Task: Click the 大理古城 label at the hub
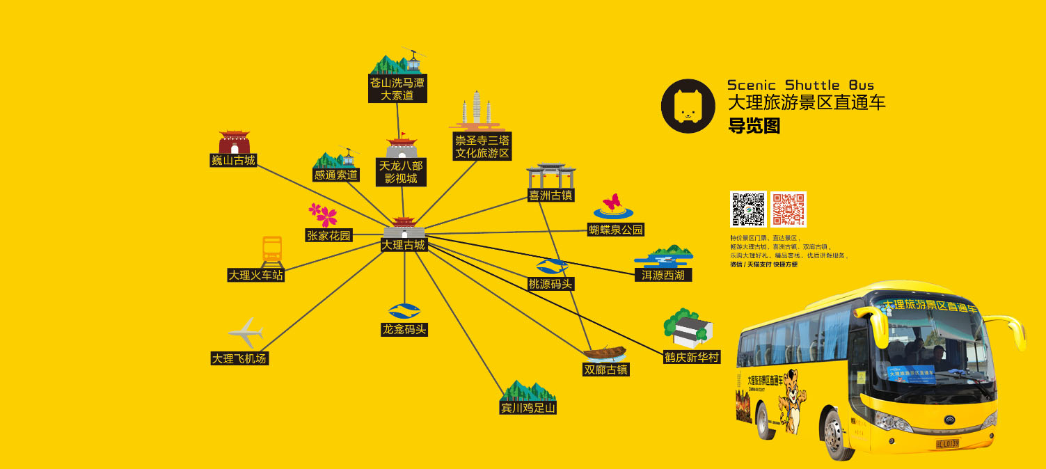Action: [x=404, y=245]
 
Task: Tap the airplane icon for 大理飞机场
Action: [x=245, y=333]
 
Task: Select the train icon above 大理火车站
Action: [x=271, y=251]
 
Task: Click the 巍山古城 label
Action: [x=234, y=161]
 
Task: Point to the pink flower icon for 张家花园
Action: [x=323, y=214]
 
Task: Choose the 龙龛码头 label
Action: [x=404, y=329]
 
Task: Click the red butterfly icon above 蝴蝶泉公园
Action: [x=612, y=203]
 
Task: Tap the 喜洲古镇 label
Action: [x=551, y=196]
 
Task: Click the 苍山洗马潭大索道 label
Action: [x=397, y=89]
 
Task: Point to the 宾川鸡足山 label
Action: [x=529, y=408]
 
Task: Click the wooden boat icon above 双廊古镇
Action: [x=605, y=352]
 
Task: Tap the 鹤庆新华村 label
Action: [x=692, y=357]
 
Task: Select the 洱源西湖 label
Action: [x=663, y=276]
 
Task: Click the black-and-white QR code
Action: [x=748, y=209]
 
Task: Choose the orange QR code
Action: [x=789, y=209]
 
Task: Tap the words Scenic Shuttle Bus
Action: [x=800, y=85]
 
